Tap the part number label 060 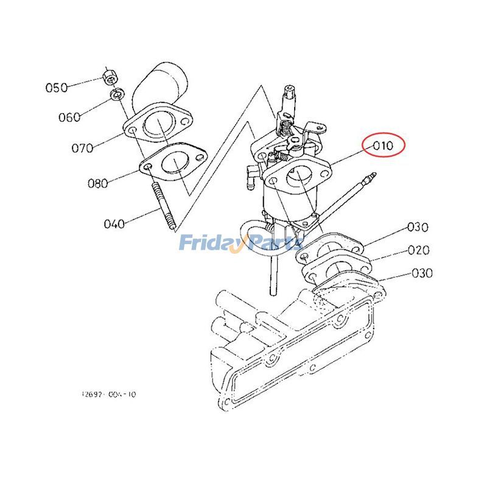pos(69,117)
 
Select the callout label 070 pos(82,148)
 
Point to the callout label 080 pos(97,183)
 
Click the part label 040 pos(114,223)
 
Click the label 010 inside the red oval pos(384,146)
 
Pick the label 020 pos(419,250)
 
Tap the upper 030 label pos(418,227)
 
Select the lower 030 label pos(422,273)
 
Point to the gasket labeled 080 pos(174,163)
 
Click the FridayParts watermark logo pos(240,244)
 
